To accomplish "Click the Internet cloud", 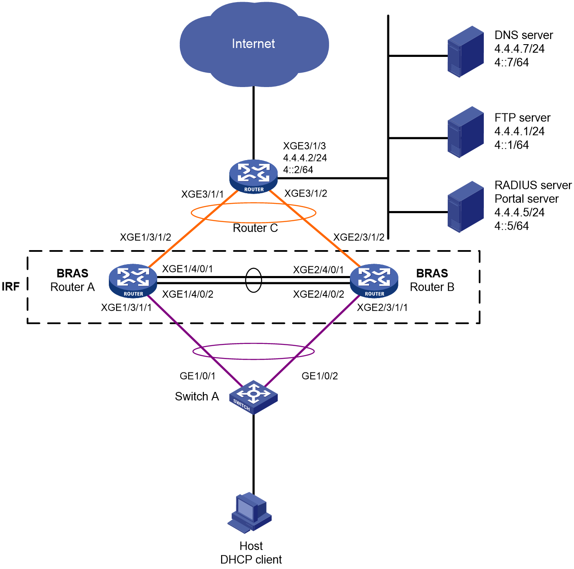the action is [254, 44].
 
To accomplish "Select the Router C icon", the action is [253, 177].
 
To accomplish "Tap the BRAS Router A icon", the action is [133, 281].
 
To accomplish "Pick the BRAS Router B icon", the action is [374, 281].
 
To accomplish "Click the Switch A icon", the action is [253, 397].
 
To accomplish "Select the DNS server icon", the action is [466, 51].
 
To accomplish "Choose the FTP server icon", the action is [466, 132].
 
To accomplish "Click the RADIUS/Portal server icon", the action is [466, 206].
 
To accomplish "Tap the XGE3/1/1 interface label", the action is [202, 194].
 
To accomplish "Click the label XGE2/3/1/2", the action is [358, 237].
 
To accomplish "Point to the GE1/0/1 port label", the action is [197, 376].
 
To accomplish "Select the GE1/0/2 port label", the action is [320, 376].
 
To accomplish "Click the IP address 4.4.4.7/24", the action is [519, 48].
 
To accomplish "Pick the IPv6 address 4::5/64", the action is [511, 226].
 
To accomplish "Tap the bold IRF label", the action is [11, 286].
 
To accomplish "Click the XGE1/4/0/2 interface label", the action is [188, 294].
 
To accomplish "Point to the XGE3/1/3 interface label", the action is [304, 146].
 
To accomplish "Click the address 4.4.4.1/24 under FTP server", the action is [519, 131].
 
